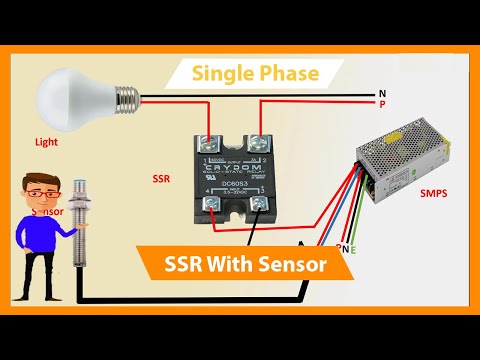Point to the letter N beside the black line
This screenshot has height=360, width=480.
click(382, 93)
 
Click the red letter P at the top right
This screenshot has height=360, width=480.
click(382, 103)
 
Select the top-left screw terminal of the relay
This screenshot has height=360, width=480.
click(211, 142)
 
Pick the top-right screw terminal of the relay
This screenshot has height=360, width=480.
click(259, 142)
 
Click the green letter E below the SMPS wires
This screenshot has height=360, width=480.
click(354, 248)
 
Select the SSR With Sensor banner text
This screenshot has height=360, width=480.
click(245, 266)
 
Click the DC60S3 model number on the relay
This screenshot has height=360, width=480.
click(236, 183)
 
